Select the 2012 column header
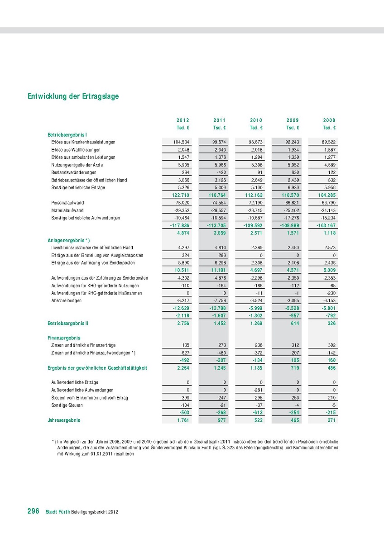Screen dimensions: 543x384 point(183,120)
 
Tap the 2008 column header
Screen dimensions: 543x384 point(329,120)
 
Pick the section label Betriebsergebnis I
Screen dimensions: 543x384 point(67,134)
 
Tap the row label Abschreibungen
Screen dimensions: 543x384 point(67,301)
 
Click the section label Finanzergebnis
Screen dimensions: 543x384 point(64,338)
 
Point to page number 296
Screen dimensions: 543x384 point(33,511)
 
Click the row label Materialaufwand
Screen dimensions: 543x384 point(67,210)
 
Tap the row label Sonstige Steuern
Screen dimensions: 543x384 point(66,405)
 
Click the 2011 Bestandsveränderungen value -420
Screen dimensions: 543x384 point(220,172)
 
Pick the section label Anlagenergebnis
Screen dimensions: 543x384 point(69,240)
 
